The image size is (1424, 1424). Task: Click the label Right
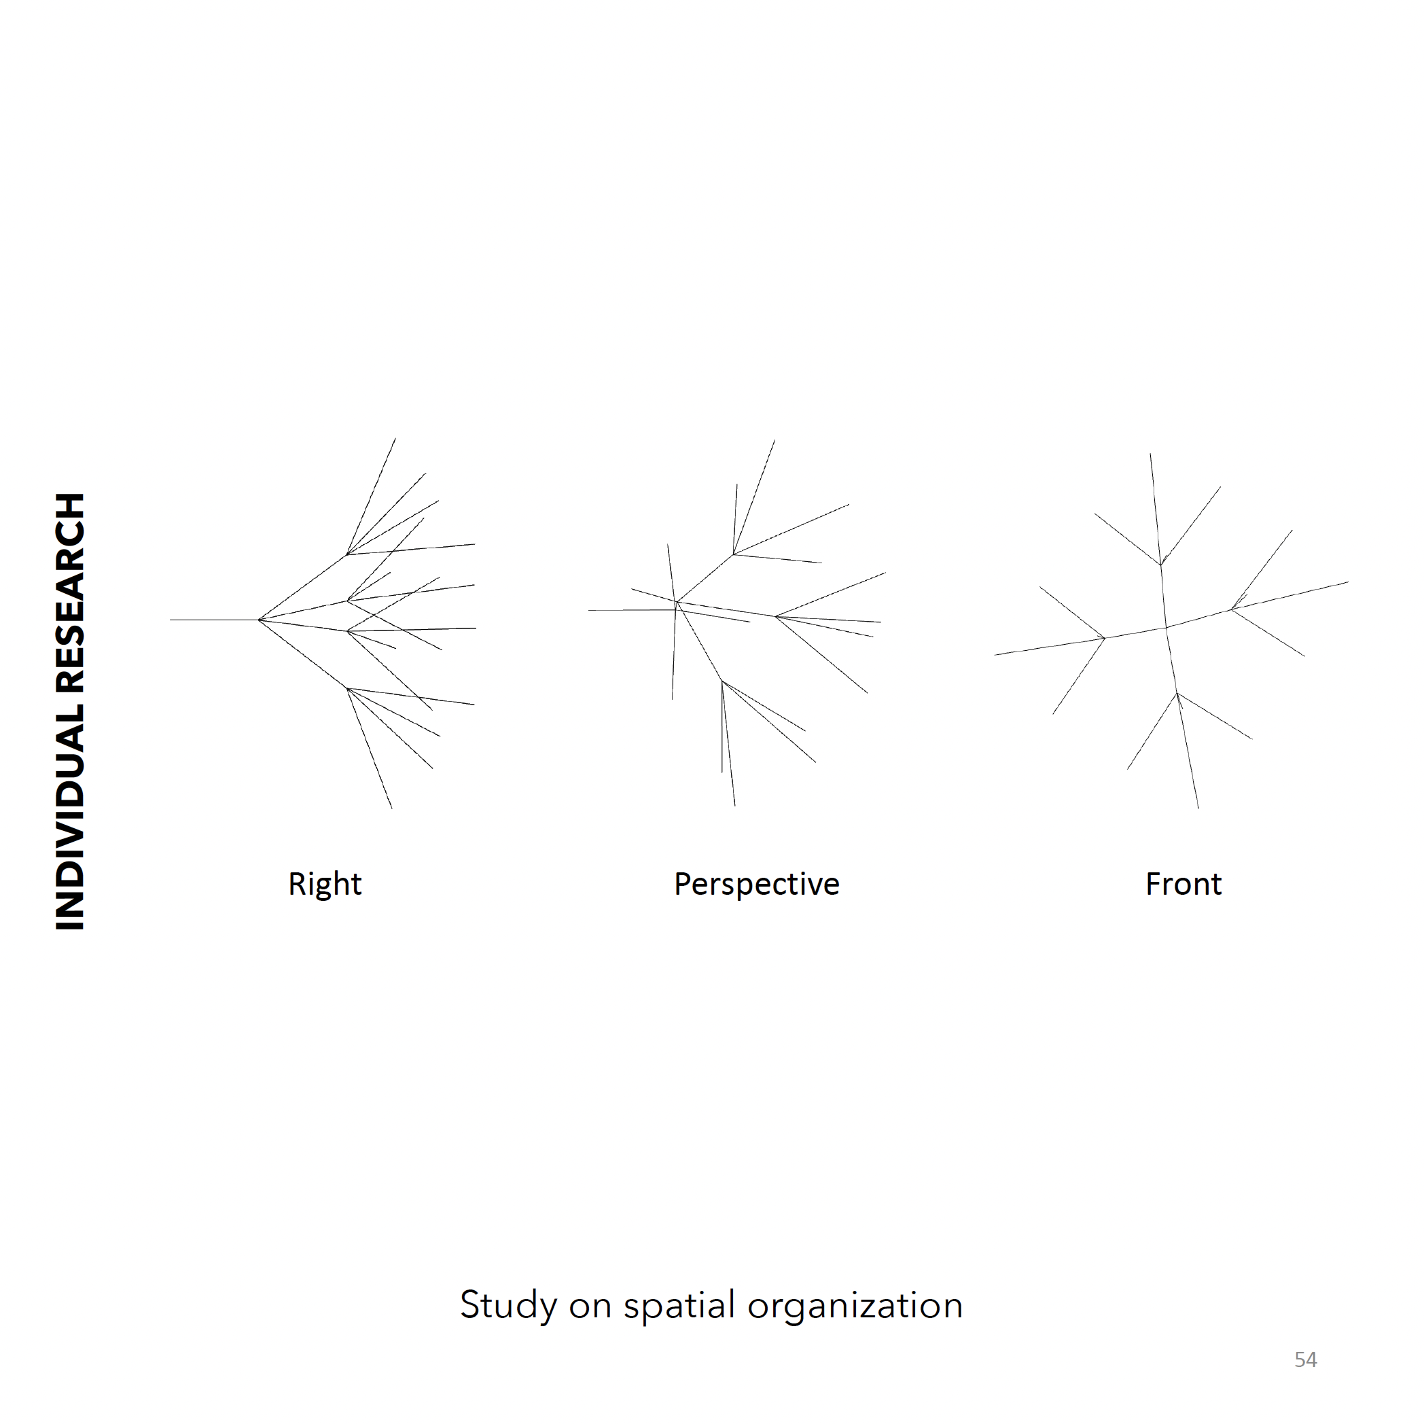pos(324,884)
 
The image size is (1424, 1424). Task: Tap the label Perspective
pos(756,884)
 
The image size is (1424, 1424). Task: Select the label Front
pos(1183,884)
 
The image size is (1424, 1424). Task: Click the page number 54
pos(1305,1359)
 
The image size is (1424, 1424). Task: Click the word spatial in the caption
pos(679,1306)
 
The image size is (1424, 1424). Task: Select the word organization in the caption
pos(855,1306)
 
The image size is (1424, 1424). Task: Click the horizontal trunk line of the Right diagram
pos(215,620)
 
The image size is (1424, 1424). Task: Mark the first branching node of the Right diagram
pos(260,620)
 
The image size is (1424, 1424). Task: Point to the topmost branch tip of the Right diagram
pos(396,439)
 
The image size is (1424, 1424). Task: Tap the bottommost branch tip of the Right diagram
pos(391,808)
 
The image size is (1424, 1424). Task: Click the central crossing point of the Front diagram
pos(1165,628)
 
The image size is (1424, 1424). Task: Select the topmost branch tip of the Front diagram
pos(1151,454)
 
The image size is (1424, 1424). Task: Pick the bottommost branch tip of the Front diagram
pos(1198,808)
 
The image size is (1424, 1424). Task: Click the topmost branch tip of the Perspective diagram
pos(775,440)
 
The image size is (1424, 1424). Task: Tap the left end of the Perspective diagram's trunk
pos(589,610)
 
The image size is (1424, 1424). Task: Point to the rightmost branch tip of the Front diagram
pos(1348,582)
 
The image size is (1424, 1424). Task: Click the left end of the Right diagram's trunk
pos(171,620)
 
